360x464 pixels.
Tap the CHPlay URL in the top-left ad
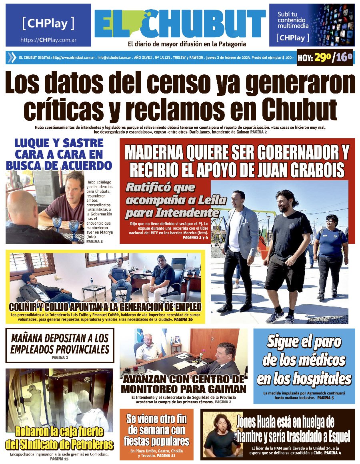tap(48, 40)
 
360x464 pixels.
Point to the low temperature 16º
tap(344, 58)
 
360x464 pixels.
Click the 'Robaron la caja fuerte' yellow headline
tap(59, 438)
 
